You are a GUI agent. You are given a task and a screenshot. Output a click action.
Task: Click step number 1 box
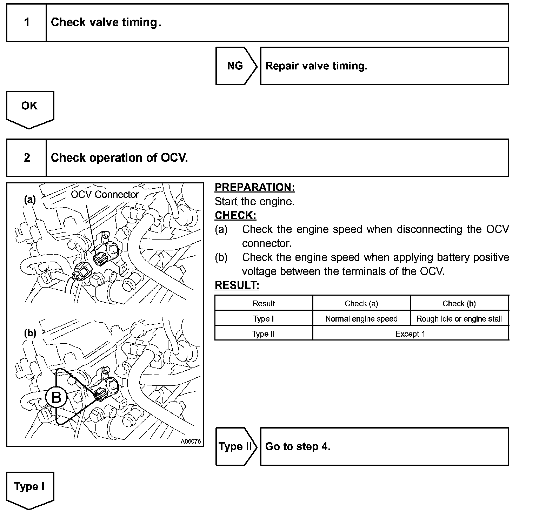pos(27,23)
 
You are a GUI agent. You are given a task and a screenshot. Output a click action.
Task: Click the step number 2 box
pos(27,158)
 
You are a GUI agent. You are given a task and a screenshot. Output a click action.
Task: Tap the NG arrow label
pos(235,66)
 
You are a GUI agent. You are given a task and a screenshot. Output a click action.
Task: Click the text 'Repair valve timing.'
pos(316,66)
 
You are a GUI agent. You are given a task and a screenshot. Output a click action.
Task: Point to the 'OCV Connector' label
pos(105,195)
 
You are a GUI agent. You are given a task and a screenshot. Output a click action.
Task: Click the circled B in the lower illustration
pos(56,398)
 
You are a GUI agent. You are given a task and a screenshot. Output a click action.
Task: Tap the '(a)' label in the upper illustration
pos(30,200)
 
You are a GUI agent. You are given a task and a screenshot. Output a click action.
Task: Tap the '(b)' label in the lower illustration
pos(30,333)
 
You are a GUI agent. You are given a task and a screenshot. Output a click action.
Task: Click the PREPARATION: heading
pos(255,188)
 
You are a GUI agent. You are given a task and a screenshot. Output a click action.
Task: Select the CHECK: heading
pos(235,215)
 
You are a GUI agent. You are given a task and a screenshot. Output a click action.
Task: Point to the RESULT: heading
pos(237,286)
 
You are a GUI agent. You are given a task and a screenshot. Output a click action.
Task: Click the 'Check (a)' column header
pos(361,303)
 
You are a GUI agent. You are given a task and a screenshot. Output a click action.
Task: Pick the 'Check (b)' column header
pos(459,303)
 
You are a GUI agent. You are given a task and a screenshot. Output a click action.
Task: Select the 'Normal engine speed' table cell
pos(361,319)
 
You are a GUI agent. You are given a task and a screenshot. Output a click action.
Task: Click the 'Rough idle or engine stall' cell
pos(459,319)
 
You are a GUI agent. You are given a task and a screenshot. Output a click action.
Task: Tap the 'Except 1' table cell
pos(410,334)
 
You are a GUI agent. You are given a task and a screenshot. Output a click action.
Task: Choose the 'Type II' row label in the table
pos(263,334)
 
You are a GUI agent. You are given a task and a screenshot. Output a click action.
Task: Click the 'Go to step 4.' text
pos(298,446)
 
